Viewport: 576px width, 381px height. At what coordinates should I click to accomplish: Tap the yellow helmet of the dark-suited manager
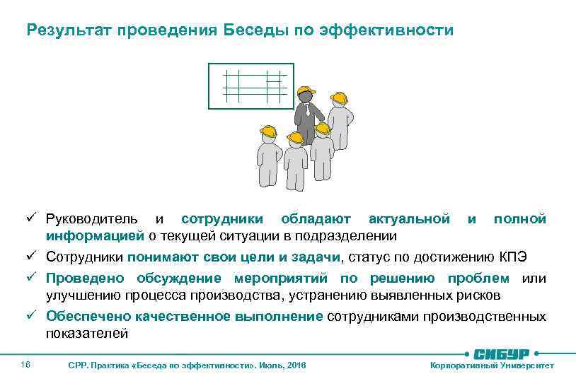click(x=306, y=93)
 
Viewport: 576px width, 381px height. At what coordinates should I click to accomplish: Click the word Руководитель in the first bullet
click(x=92, y=219)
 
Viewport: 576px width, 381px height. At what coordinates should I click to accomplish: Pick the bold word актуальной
click(x=409, y=219)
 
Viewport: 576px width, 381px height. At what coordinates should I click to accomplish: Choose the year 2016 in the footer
click(x=294, y=365)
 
